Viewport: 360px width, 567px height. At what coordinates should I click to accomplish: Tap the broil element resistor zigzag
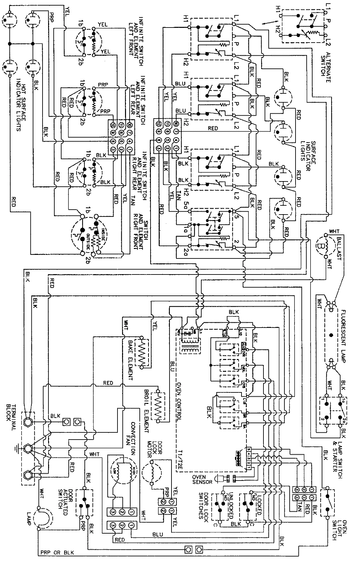(159, 405)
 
